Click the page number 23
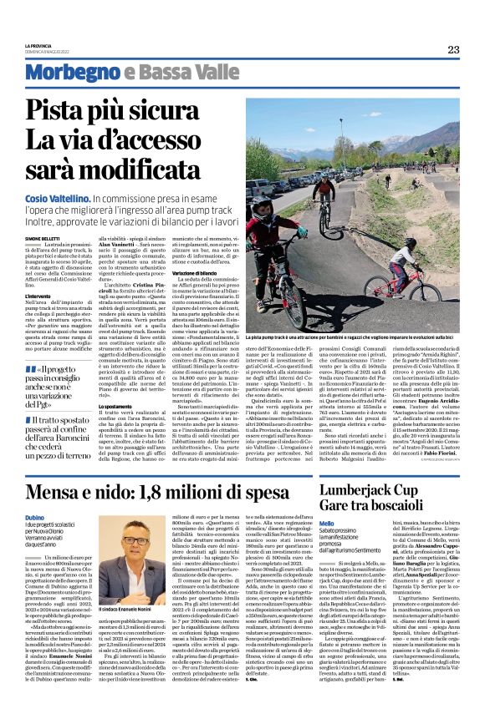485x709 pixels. (x=453, y=50)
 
